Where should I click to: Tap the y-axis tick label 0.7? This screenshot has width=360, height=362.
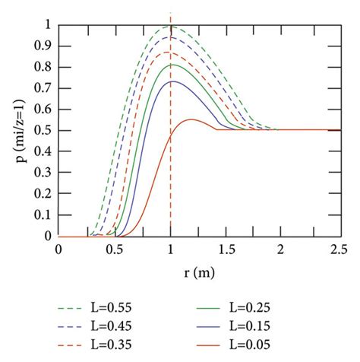pyautogui.click(x=44, y=88)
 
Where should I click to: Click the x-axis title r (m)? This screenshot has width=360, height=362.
pyautogui.click(x=198, y=270)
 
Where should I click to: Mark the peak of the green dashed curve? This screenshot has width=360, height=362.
pyautogui.click(x=170, y=26)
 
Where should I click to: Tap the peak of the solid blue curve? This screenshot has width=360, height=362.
pyautogui.click(x=173, y=81)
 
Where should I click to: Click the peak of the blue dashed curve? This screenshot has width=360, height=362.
pyautogui.click(x=171, y=37)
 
